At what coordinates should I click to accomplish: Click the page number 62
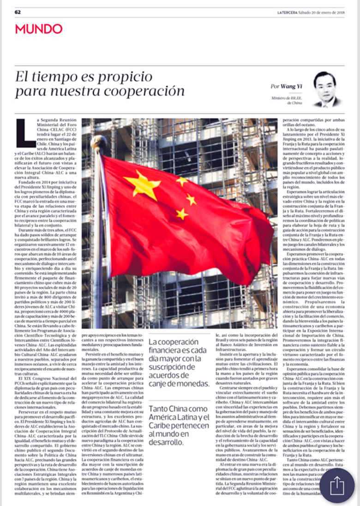[x=18, y=12]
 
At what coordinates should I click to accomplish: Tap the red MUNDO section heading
[x=39, y=29]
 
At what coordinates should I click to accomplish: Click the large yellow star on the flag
[x=142, y=185]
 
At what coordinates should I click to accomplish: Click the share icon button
[x=337, y=486]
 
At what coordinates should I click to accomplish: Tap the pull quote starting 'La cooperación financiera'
[x=179, y=363]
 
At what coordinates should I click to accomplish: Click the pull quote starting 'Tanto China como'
[x=179, y=429]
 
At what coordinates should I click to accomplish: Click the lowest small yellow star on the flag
[x=182, y=214]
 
